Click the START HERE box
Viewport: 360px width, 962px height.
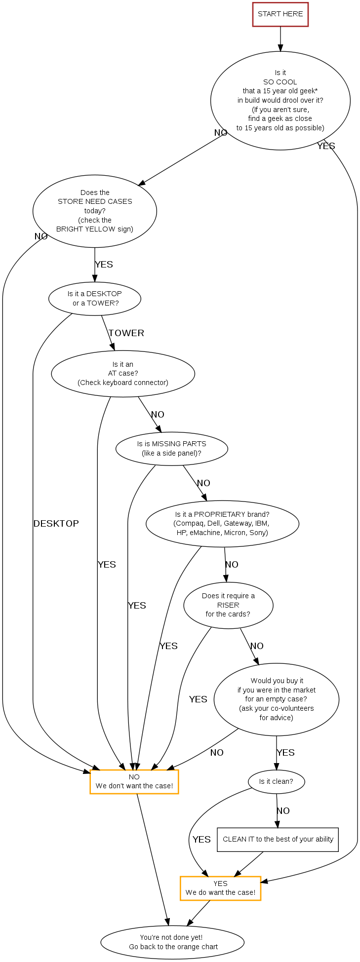tap(280, 14)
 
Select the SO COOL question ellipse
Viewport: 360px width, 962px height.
tap(280, 100)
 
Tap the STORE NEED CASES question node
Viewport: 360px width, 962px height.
tap(95, 211)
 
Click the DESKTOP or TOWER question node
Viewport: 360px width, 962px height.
tap(95, 298)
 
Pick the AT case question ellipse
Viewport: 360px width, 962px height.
tap(123, 373)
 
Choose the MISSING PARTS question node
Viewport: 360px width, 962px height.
tap(172, 449)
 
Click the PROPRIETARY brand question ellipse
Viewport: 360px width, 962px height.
tap(222, 523)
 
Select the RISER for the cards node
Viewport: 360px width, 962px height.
tap(228, 605)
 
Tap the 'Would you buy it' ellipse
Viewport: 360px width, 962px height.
tap(276, 699)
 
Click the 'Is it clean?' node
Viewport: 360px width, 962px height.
tap(276, 781)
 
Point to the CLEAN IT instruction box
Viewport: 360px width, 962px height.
tap(278, 839)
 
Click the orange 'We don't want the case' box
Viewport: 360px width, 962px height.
tap(134, 781)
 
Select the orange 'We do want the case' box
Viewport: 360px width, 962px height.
tap(220, 888)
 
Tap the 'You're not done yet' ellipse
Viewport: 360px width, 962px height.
tap(172, 942)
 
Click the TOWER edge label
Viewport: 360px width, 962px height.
tap(126, 333)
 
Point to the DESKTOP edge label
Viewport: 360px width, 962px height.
tap(56, 524)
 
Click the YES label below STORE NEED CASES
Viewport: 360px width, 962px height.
tap(104, 265)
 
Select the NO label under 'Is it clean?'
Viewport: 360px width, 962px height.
tap(283, 811)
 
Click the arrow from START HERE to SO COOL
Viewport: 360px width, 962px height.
tap(280, 38)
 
